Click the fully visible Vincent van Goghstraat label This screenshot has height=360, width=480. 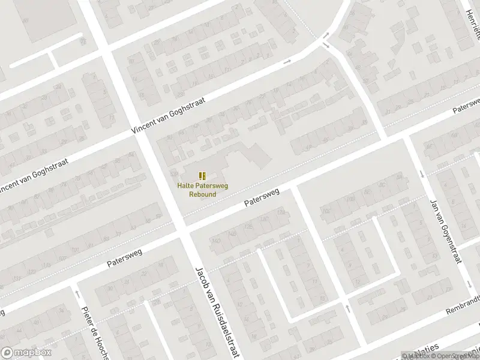tap(169, 116)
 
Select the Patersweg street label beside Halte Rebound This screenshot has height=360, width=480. tap(262, 199)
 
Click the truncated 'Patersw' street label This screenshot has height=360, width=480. tap(467, 105)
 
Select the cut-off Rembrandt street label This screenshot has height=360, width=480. tap(464, 307)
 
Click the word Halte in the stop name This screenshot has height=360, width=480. tap(185, 187)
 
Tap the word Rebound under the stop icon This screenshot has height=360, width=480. tap(203, 194)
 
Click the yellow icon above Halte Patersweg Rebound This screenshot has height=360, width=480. tap(203, 175)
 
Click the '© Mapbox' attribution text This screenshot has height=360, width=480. tap(416, 356)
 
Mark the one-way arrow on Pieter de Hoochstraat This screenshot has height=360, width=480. tap(77, 293)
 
